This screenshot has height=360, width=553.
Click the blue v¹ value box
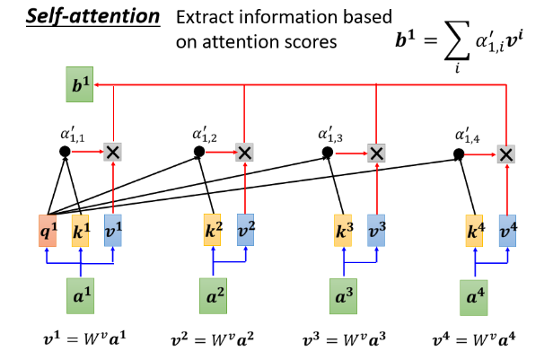(x=112, y=231)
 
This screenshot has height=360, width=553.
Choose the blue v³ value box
(x=377, y=231)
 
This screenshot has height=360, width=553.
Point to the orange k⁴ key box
(x=477, y=231)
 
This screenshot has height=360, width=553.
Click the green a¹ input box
(x=82, y=294)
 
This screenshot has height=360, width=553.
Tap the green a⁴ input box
(x=475, y=297)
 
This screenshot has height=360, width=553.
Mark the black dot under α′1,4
(x=459, y=154)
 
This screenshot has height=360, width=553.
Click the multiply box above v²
(x=244, y=152)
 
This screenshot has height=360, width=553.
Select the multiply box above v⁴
(x=506, y=154)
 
